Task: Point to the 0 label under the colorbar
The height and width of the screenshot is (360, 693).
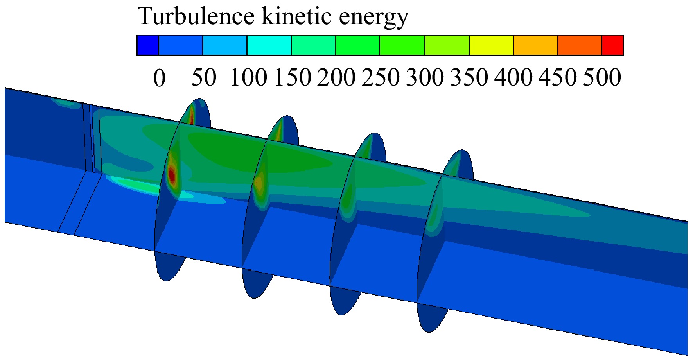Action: point(159,78)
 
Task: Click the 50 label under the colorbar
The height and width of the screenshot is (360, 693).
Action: point(203,77)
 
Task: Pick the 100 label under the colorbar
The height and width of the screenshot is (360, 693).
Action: point(249,77)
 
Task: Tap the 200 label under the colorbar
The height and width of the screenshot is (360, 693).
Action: point(336,77)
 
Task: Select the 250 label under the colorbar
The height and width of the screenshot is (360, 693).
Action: point(381,77)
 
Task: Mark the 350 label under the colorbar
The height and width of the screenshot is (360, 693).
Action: point(469,77)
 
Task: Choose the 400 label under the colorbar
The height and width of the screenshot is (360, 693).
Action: point(513,77)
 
